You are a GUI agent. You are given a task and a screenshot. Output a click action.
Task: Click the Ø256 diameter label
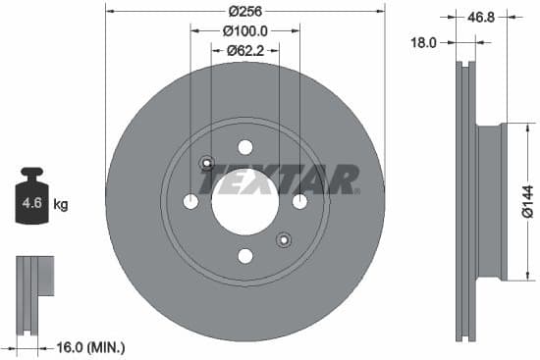tap(244, 11)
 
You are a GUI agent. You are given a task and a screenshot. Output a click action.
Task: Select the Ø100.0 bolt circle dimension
tap(244, 31)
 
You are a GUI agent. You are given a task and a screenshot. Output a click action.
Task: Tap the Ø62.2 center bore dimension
tap(244, 50)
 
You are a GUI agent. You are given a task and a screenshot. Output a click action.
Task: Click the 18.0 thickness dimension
tap(424, 42)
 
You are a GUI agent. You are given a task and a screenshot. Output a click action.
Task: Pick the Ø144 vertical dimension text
tap(526, 202)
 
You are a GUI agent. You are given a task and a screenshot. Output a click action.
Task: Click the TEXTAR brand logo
tap(280, 180)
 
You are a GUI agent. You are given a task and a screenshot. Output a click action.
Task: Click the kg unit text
tap(60, 205)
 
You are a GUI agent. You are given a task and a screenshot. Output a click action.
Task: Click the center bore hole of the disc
tap(244, 201)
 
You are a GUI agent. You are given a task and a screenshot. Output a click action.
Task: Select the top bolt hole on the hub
tap(245, 147)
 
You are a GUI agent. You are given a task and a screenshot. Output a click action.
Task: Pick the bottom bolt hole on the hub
tap(245, 256)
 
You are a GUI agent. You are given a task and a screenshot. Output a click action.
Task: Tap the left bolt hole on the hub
tap(190, 201)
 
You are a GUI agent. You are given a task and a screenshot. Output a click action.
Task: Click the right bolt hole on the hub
tap(299, 201)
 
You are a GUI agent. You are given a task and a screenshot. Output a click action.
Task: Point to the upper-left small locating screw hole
tap(206, 163)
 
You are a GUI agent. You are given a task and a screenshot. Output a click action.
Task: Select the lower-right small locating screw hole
tap(284, 239)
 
